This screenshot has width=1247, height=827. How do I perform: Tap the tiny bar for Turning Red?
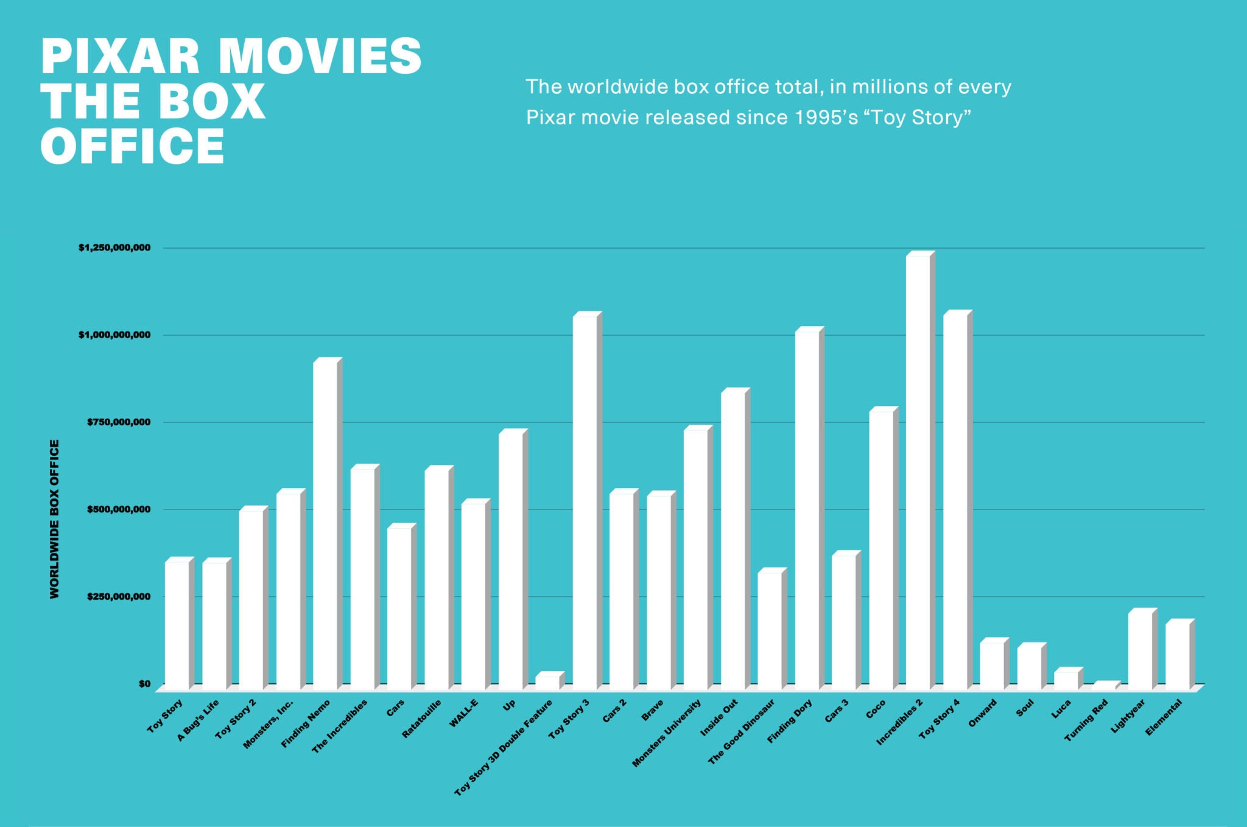(1104, 686)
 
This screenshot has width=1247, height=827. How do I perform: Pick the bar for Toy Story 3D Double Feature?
(547, 682)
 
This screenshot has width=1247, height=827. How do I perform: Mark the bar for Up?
(511, 561)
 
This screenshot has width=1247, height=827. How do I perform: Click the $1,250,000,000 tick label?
(114, 248)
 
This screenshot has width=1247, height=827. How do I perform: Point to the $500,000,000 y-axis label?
(118, 509)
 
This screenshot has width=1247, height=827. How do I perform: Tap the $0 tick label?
(144, 684)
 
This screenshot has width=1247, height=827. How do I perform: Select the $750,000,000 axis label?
(118, 422)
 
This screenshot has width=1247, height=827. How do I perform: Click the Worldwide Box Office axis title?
(55, 519)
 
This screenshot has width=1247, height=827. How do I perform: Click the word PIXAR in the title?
(120, 56)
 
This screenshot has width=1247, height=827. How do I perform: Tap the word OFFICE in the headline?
(132, 147)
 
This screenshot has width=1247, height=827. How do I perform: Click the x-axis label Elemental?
(1164, 717)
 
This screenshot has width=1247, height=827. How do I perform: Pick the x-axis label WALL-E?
(464, 713)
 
